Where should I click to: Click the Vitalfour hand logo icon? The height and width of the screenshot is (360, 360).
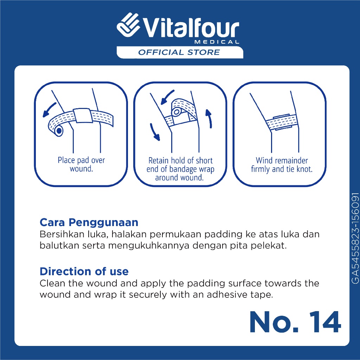coord(128,25)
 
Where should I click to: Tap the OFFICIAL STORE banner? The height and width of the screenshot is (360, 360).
coord(180,52)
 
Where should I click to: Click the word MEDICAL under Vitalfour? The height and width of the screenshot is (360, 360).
coord(217,42)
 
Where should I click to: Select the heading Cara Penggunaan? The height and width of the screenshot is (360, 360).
coord(89,222)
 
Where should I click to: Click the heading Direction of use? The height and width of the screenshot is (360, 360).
coord(84,271)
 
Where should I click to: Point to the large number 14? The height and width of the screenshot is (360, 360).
coord(325,322)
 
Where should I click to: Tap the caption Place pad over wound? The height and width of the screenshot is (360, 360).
coord(81,165)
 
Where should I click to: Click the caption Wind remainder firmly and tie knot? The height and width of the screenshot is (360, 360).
coord(282,165)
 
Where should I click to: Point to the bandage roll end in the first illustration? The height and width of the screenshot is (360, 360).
coord(59,131)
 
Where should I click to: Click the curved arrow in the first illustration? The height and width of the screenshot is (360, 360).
coord(49,110)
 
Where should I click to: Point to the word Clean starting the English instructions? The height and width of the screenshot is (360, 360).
coord(52,283)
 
